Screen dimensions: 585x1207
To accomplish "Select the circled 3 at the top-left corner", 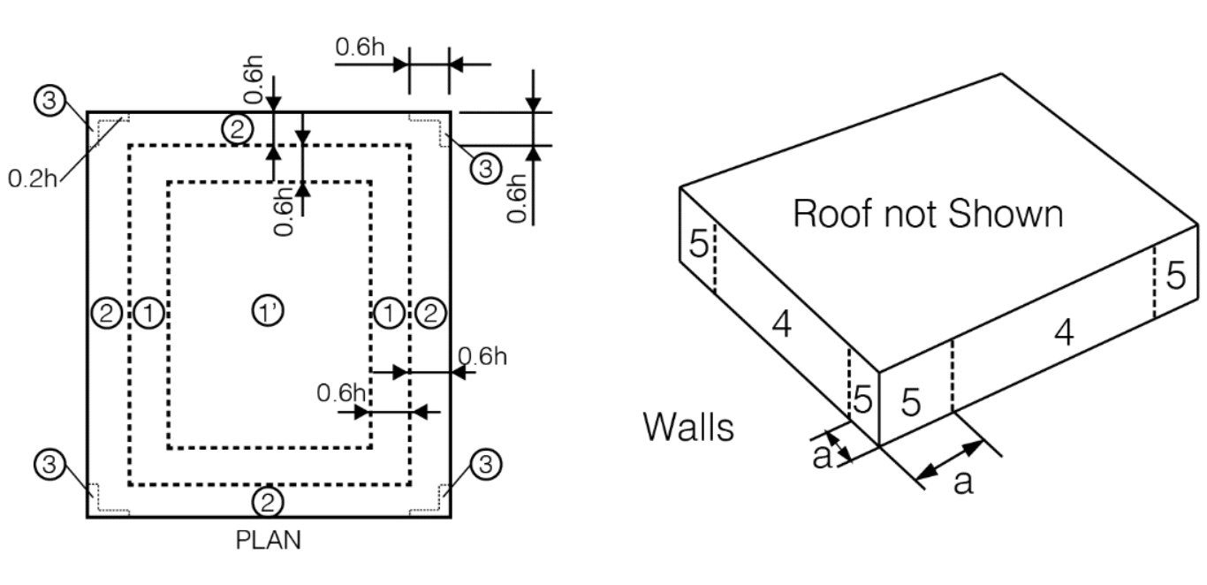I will click(49, 102).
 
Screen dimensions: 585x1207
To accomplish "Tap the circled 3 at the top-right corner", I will click(484, 167).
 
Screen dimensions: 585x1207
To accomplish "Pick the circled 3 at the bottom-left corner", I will click(49, 464).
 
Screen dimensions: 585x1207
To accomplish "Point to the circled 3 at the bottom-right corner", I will click(484, 464).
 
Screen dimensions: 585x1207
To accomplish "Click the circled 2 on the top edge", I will click(236, 129).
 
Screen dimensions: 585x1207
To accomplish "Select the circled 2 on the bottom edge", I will click(268, 503).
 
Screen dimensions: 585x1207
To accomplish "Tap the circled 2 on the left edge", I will click(106, 312).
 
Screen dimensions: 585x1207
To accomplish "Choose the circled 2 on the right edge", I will click(430, 312).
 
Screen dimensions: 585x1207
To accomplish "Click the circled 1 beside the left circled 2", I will click(148, 312).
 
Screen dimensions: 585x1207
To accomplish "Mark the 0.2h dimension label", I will click(34, 178).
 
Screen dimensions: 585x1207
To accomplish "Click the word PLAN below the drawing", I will click(268, 540).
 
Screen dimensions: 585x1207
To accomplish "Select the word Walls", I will click(688, 427).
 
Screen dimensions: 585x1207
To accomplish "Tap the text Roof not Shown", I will click(927, 213).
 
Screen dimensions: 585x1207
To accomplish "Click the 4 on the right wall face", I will click(1064, 332).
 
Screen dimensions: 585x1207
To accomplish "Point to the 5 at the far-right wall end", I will click(1176, 276).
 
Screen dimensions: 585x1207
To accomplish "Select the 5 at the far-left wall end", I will click(698, 244).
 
